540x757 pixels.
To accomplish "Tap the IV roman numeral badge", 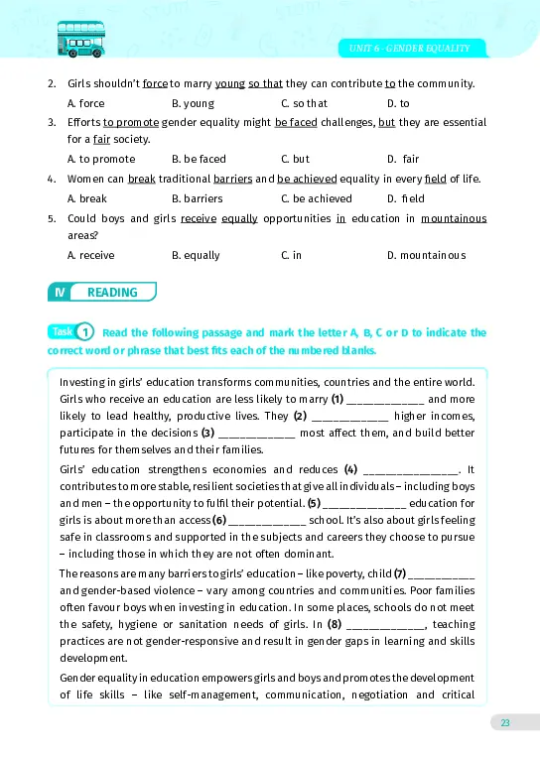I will point(60,292).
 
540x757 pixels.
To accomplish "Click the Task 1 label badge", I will point(71,332).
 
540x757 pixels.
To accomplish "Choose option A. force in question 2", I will point(85,103).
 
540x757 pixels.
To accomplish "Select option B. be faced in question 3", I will point(199,159).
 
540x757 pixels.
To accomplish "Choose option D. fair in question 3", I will point(403,159).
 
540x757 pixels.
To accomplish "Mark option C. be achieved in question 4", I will point(316,198).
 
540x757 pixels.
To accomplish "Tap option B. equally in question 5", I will point(196,255).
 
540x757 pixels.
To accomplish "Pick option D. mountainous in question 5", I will point(426,255).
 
